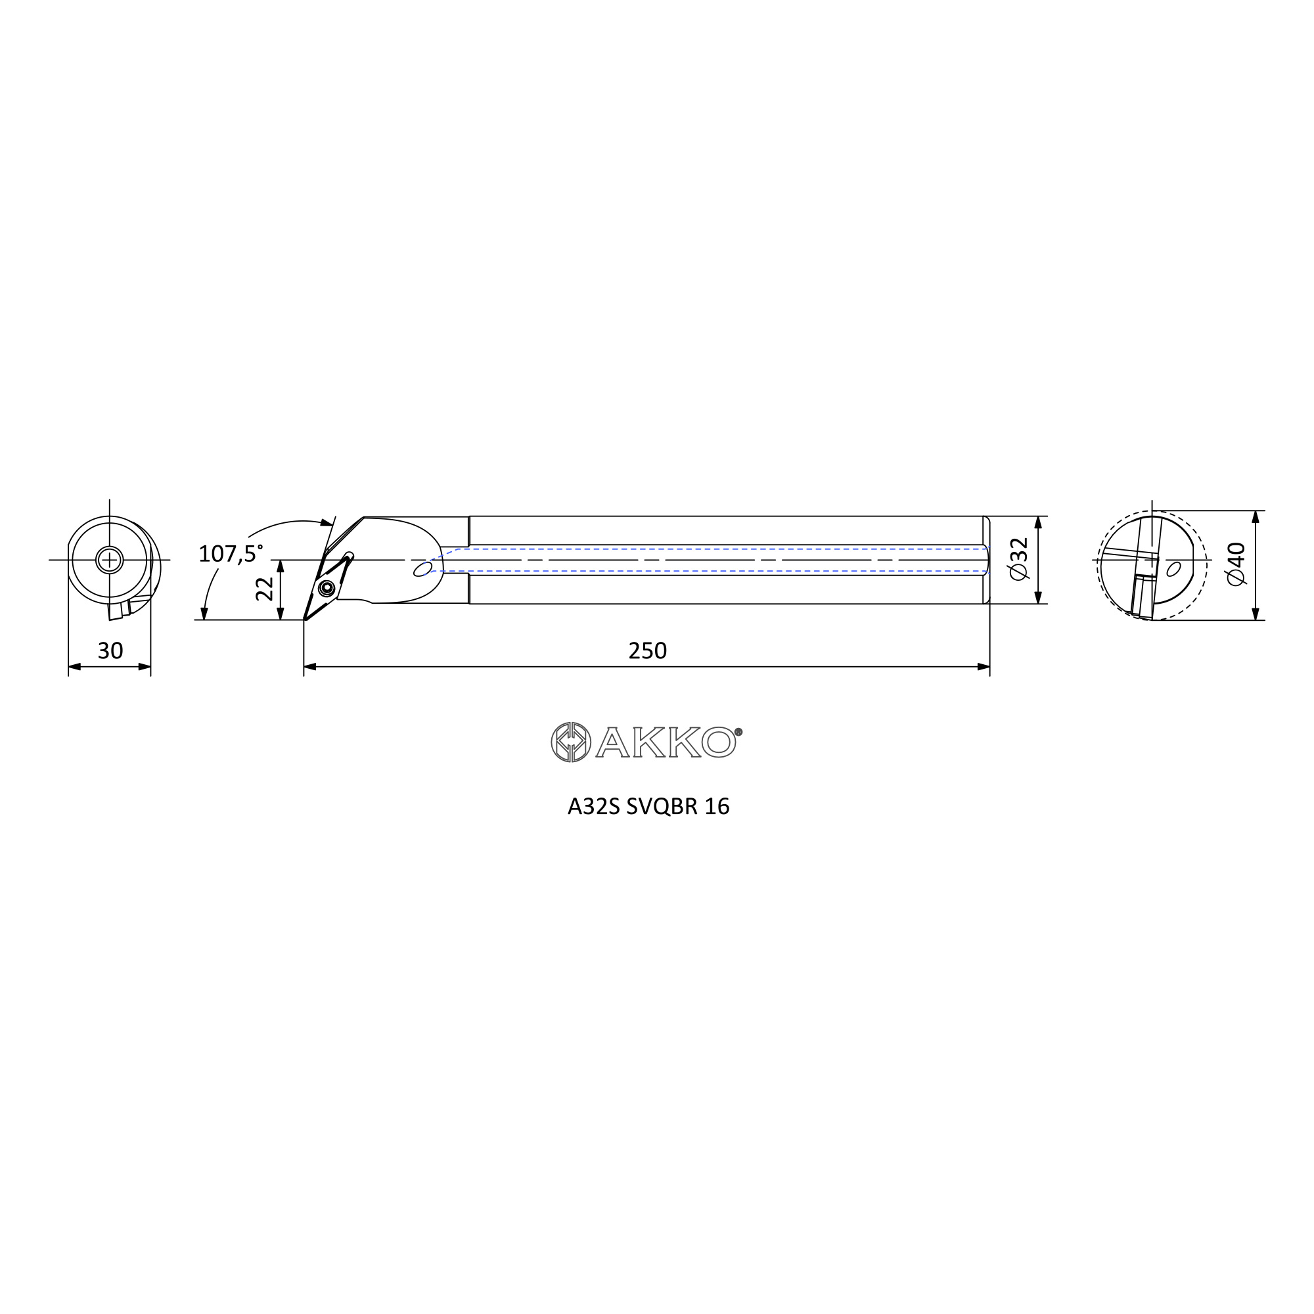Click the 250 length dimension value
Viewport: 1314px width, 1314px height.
click(648, 651)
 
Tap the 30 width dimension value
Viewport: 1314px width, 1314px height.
click(110, 651)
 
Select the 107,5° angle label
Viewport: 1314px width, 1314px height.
click(231, 554)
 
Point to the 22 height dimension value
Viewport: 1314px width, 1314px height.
click(265, 589)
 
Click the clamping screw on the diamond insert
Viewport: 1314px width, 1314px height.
click(327, 588)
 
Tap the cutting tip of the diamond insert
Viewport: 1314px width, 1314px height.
click(305, 620)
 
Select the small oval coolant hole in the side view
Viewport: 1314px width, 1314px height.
click(422, 568)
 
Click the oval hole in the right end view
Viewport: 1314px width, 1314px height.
click(1173, 568)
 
